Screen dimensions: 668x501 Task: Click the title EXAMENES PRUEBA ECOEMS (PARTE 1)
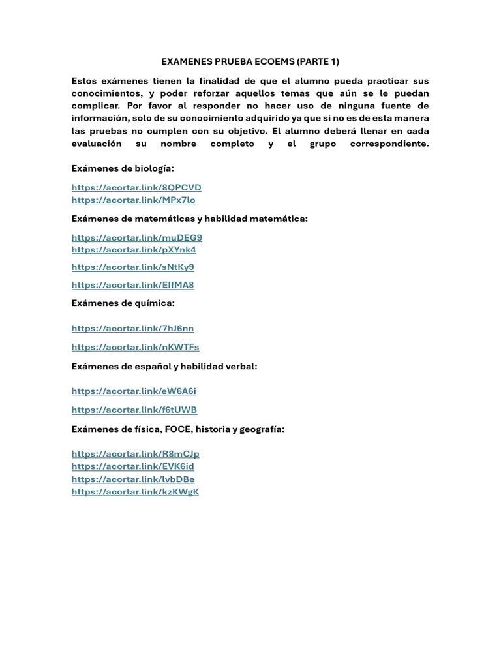(250, 62)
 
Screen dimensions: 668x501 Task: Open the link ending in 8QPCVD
(136, 188)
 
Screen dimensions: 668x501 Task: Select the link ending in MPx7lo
(133, 200)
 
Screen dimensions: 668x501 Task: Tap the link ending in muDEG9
(137, 238)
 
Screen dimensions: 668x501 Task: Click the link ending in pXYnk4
(134, 250)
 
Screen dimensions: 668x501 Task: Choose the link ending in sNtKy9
(132, 267)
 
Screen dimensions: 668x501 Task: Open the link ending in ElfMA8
(132, 285)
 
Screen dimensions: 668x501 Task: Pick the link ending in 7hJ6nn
(132, 329)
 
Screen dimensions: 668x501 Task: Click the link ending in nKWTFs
(135, 347)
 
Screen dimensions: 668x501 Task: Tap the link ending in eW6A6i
(134, 391)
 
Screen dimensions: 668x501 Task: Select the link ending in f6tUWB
(134, 410)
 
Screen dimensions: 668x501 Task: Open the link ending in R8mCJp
(136, 454)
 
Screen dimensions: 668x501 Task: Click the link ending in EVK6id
(132, 466)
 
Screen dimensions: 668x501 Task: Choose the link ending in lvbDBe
(133, 479)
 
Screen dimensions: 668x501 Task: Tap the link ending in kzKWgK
(135, 492)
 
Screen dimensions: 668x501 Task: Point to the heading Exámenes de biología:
(123, 169)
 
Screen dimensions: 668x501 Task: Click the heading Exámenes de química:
(123, 303)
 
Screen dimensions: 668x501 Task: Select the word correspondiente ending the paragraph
(389, 144)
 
